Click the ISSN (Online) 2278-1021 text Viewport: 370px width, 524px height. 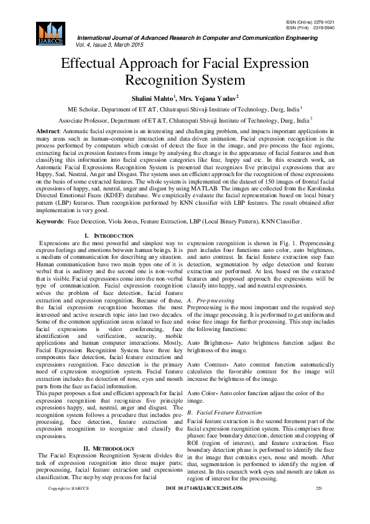click(x=310, y=22)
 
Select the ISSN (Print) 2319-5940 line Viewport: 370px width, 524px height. click(x=310, y=27)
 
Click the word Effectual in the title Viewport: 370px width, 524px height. click(x=91, y=65)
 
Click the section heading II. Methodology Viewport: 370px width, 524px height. click(x=109, y=448)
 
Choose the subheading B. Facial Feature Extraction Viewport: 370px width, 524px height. click(x=224, y=413)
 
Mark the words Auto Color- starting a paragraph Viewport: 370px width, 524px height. click(x=204, y=393)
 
